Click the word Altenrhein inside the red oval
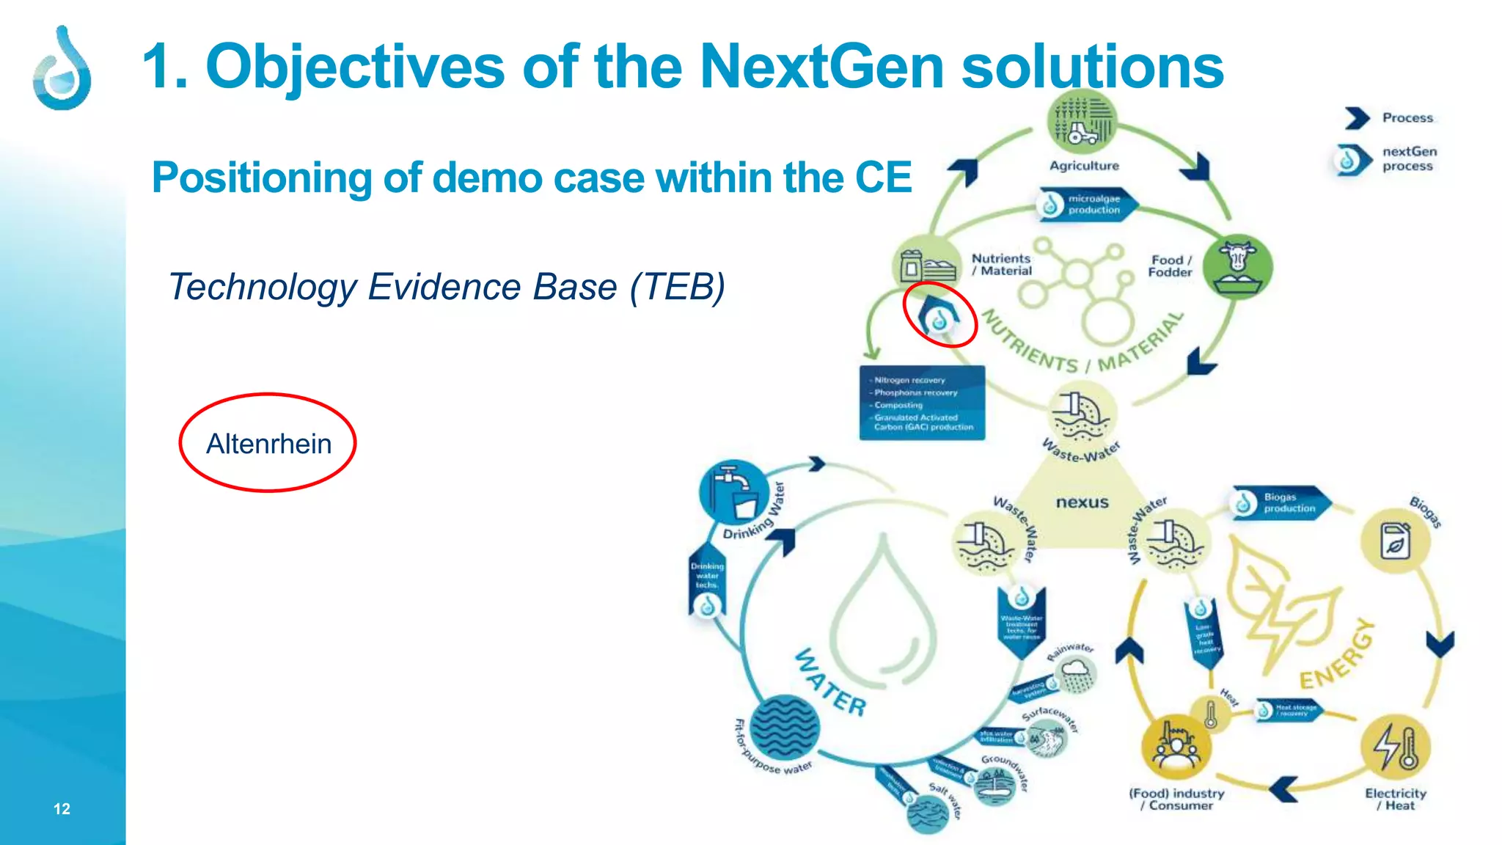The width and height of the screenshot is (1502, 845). click(x=268, y=444)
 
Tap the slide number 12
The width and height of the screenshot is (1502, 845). click(x=62, y=808)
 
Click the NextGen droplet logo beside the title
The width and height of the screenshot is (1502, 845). click(x=62, y=69)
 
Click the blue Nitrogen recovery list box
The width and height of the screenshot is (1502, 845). click(x=922, y=403)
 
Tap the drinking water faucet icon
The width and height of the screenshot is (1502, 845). click(x=735, y=493)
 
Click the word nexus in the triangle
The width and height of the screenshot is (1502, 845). click(x=1082, y=502)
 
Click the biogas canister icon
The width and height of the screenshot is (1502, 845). click(x=1395, y=541)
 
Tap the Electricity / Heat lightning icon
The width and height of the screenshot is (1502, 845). click(x=1396, y=747)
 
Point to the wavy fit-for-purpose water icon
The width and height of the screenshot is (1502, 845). click(x=785, y=728)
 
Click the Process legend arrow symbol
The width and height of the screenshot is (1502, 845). click(x=1357, y=118)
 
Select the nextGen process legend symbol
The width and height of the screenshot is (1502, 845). click(x=1350, y=159)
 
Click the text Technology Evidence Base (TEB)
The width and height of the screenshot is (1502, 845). click(x=447, y=287)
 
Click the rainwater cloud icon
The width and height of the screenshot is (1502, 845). click(x=1076, y=673)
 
